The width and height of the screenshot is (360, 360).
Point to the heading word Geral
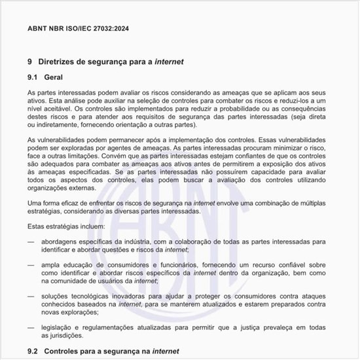(x=53, y=77)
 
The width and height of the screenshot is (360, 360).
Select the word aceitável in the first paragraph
(x=56, y=109)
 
